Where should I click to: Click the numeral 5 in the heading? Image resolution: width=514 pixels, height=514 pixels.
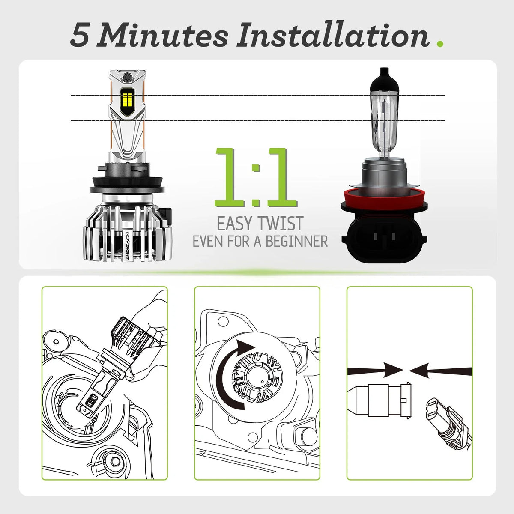pyautogui.click(x=79, y=36)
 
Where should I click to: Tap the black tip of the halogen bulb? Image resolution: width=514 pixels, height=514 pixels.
pyautogui.click(x=384, y=78)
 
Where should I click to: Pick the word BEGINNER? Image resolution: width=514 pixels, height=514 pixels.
pyautogui.click(x=296, y=242)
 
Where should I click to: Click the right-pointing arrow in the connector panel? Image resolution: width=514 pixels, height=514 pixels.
pyautogui.click(x=375, y=371)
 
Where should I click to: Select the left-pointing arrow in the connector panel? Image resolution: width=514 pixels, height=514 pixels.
pyautogui.click(x=441, y=371)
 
